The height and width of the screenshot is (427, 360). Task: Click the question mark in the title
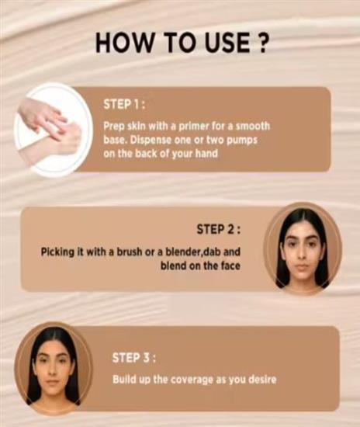click(x=261, y=43)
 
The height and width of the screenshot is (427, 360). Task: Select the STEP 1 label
click(x=124, y=104)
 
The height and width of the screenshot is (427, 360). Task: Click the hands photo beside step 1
click(x=52, y=130)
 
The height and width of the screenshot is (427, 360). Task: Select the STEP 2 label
click(x=219, y=229)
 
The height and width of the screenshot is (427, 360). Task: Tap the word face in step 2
click(x=230, y=266)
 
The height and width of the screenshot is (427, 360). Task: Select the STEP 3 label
click(x=134, y=358)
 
